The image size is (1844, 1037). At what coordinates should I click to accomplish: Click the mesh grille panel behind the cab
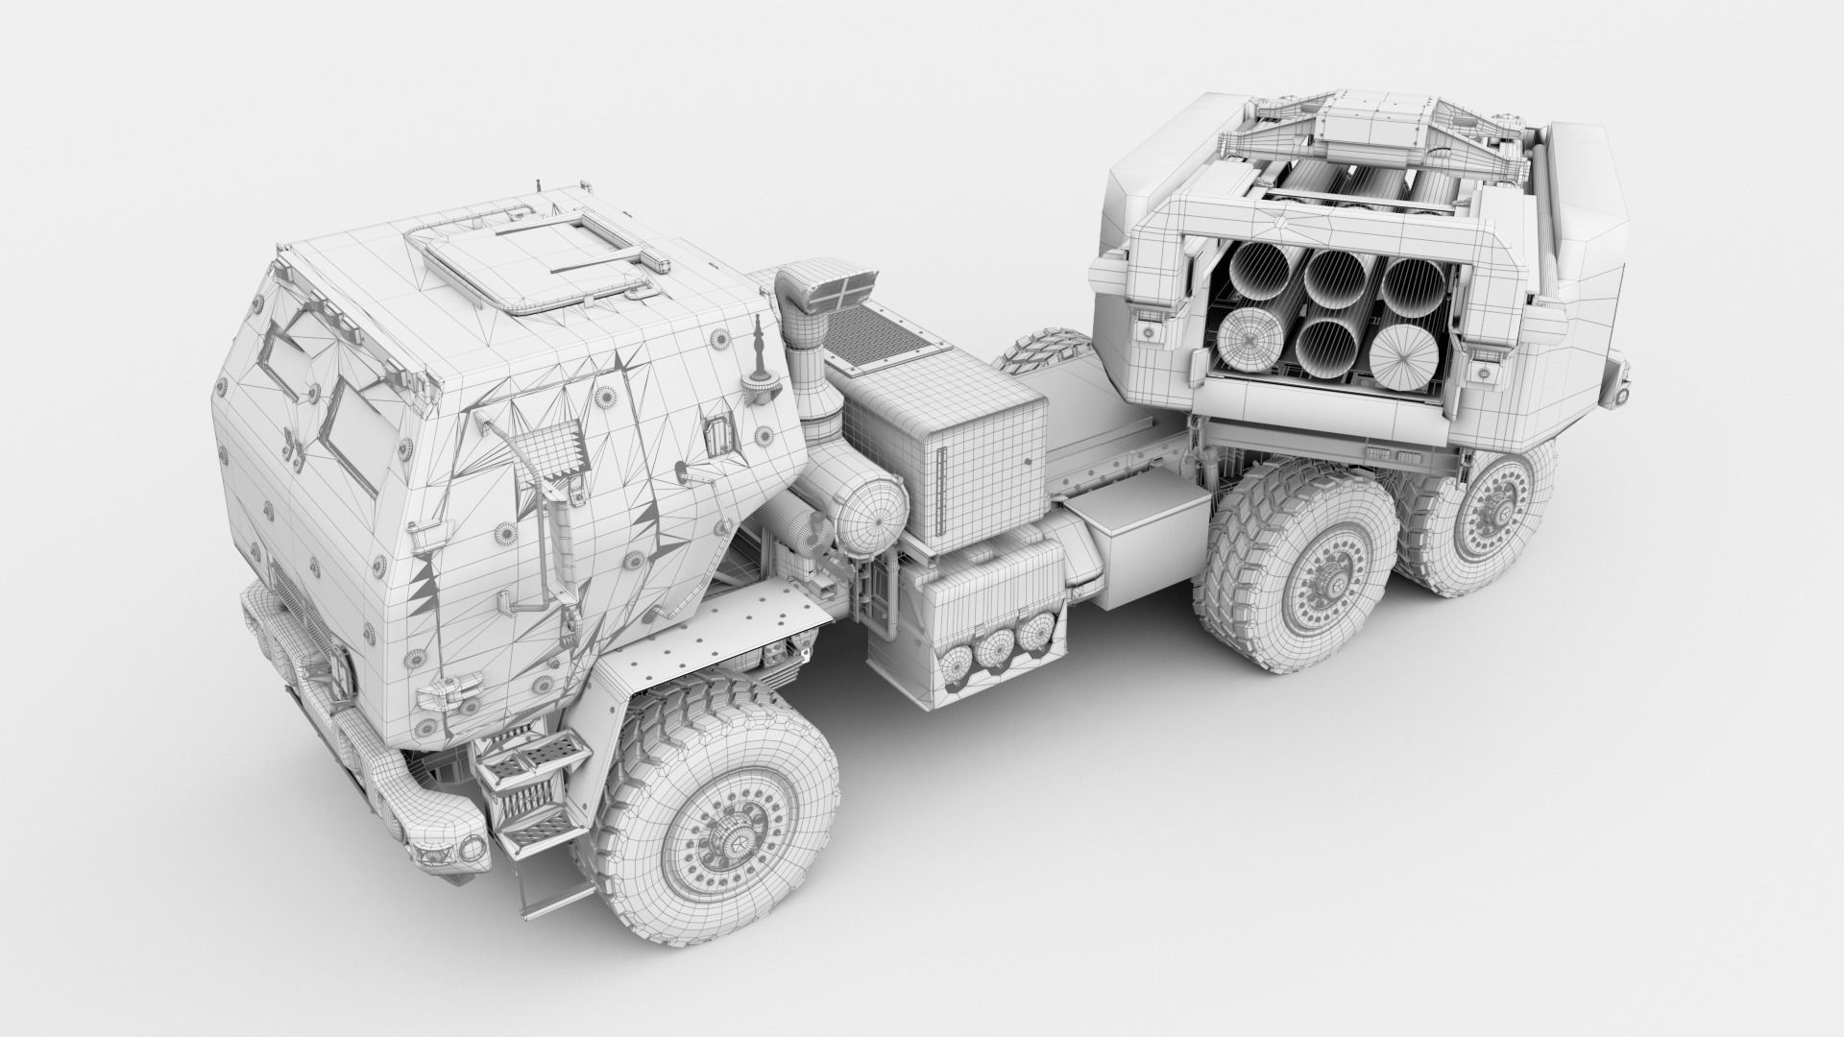(x=878, y=336)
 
